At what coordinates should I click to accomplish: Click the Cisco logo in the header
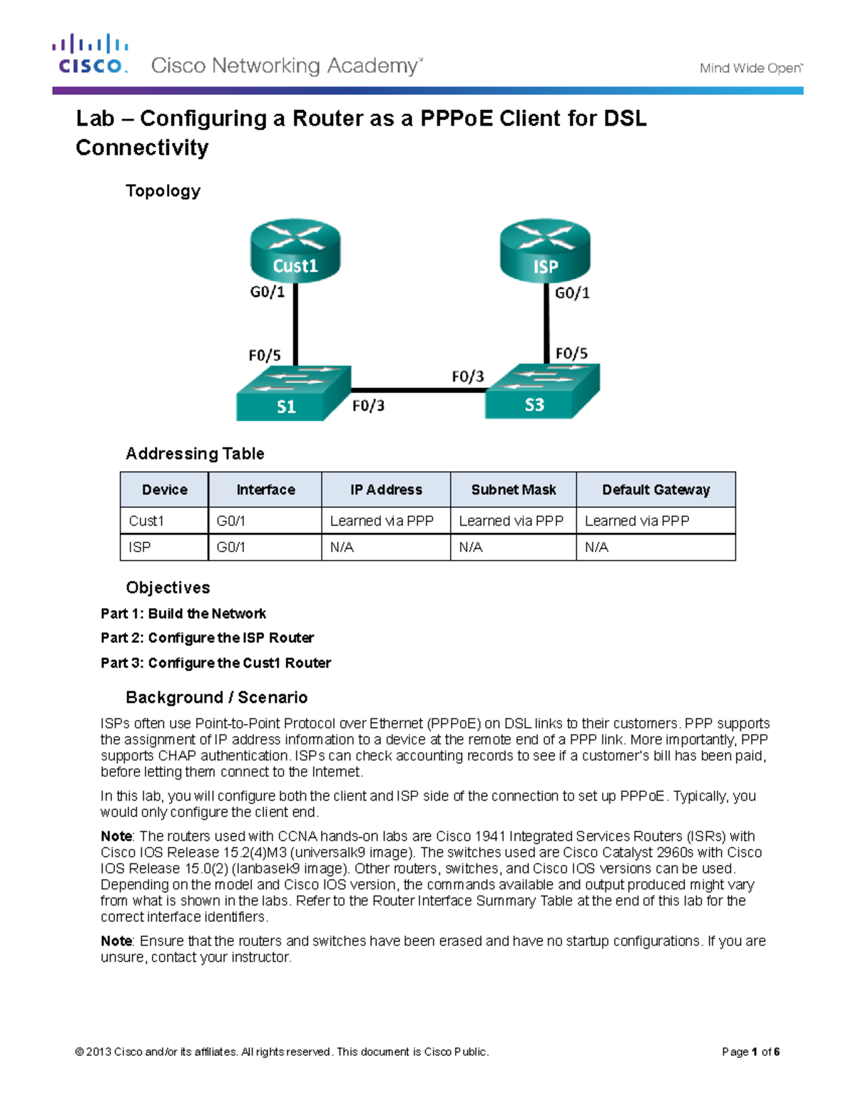90,54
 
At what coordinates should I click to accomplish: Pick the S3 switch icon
541,392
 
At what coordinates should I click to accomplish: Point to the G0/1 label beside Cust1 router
267,292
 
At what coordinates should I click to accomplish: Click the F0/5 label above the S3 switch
571,353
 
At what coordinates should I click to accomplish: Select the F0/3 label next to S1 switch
368,406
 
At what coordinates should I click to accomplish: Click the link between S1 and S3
418,390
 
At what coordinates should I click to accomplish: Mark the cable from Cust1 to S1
295,325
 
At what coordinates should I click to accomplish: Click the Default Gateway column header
656,489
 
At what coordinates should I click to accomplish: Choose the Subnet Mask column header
514,489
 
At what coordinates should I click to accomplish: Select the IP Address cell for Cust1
382,521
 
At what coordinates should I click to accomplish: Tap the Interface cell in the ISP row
230,547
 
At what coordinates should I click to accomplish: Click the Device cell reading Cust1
146,521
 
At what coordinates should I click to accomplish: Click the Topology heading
163,191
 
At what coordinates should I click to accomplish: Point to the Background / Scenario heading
217,697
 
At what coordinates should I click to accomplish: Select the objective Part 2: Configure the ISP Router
207,638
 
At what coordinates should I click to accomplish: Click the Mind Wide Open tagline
750,68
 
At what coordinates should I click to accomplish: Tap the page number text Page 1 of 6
750,1052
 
